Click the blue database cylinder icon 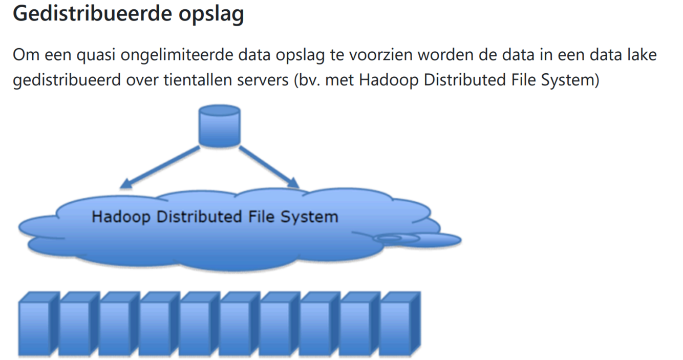click(x=219, y=125)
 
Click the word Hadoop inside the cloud click(x=121, y=217)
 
